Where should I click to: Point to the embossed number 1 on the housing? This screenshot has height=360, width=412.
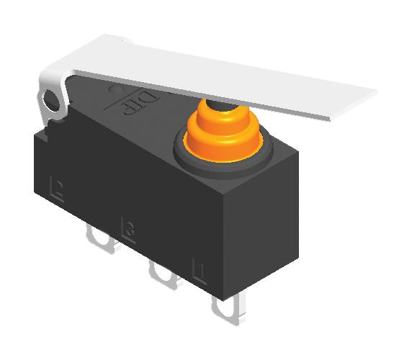pyautogui.click(x=200, y=272)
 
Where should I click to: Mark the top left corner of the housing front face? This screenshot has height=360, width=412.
pyautogui.click(x=34, y=133)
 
